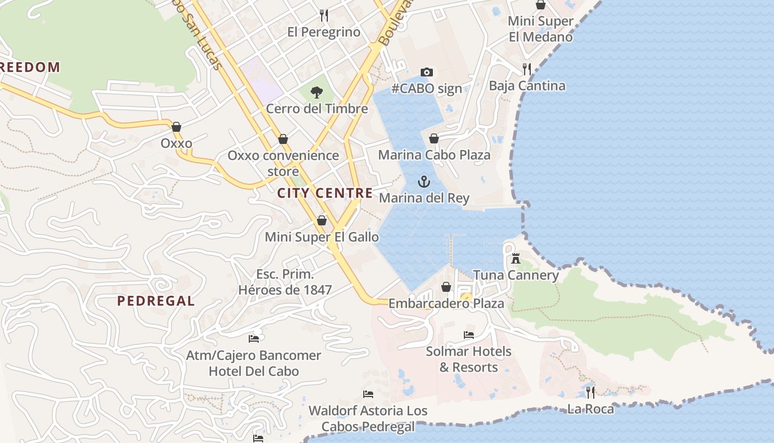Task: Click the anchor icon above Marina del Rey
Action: [423, 182]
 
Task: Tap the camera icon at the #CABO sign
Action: [426, 72]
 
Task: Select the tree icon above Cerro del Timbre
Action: [317, 92]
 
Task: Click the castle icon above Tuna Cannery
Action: [516, 258]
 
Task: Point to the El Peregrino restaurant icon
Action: [324, 16]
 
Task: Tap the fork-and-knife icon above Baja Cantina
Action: [527, 69]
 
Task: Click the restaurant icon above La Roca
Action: [590, 393]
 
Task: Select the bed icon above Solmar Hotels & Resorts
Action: [469, 335]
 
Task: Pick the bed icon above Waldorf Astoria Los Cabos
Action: [368, 394]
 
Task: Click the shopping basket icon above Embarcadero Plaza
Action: [446, 287]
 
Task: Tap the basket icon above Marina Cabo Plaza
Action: [434, 138]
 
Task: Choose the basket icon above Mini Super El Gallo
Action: [322, 221]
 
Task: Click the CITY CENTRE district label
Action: [325, 193]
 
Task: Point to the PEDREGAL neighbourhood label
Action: [156, 301]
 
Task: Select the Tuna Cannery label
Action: [516, 275]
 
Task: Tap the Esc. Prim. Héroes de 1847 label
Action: [285, 282]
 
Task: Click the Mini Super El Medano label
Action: [541, 29]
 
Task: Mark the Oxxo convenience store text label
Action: [283, 163]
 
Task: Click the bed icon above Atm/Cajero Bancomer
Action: [254, 338]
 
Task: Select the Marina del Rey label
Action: [424, 198]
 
